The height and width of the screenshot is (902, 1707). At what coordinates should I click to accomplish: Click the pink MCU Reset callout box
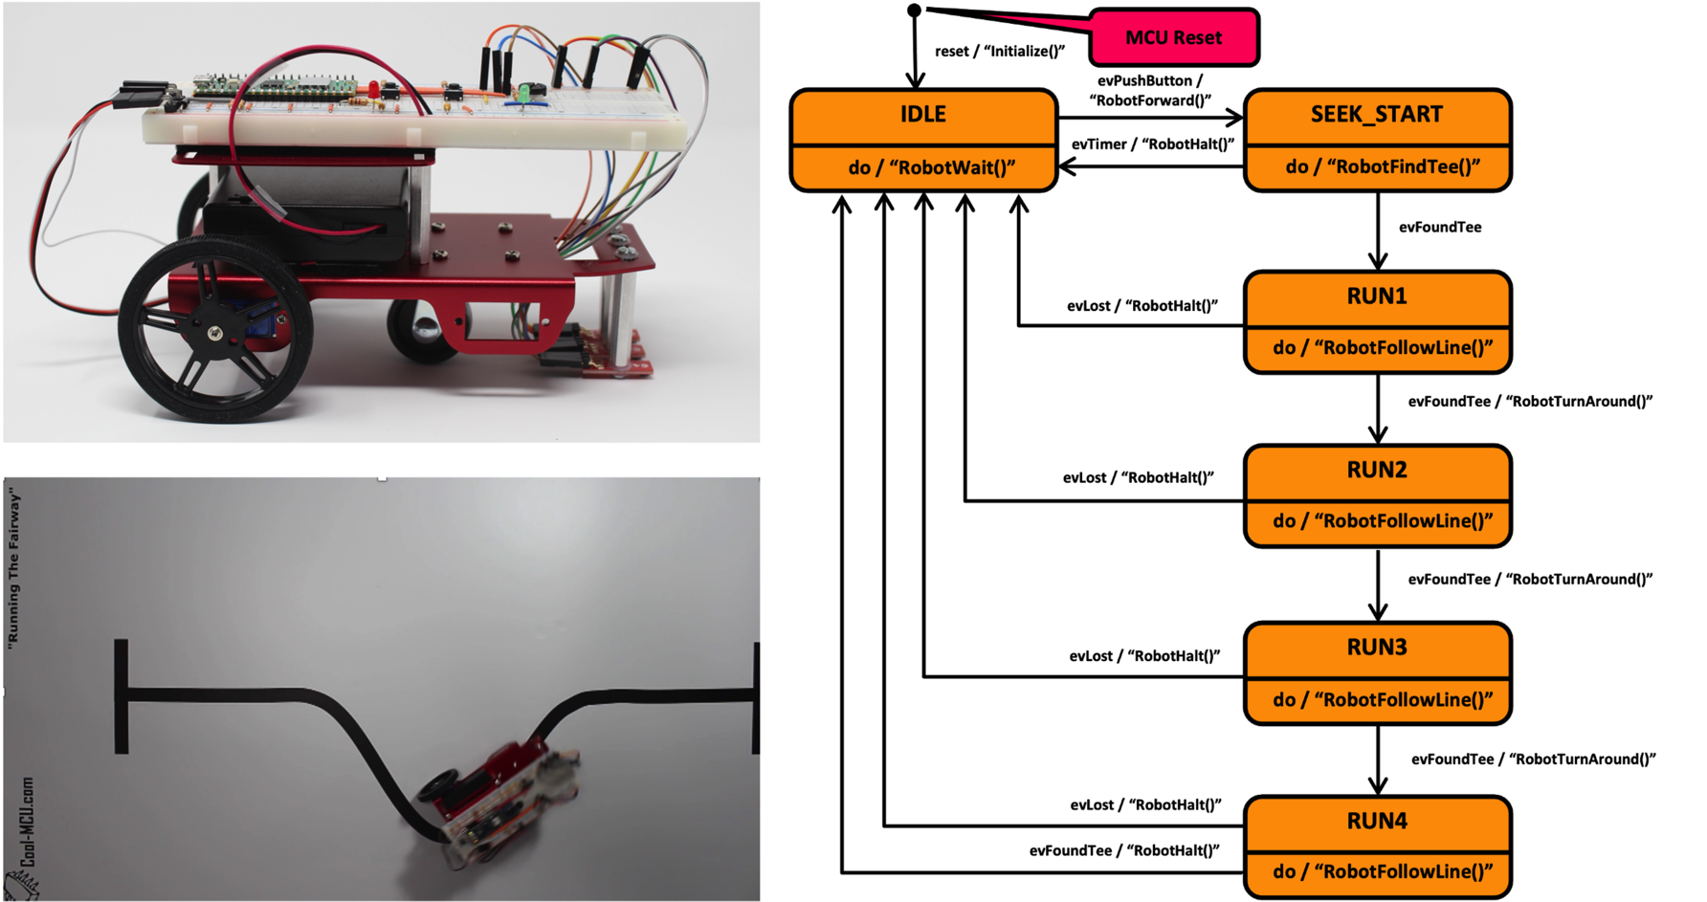[1173, 38]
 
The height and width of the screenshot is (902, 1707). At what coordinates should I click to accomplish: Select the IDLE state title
[922, 115]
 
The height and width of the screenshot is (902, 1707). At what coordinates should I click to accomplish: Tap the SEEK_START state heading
[1376, 115]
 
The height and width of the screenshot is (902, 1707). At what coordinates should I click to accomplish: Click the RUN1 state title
[1376, 297]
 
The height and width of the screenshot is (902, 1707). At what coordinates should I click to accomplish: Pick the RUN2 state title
[1376, 470]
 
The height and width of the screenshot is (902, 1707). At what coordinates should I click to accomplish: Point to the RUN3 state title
[1376, 648]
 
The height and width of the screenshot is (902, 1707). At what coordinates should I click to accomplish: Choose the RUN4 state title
[1376, 821]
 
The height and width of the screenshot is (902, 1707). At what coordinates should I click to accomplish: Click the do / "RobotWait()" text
[930, 168]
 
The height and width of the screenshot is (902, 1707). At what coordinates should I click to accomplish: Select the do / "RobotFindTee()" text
[1382, 167]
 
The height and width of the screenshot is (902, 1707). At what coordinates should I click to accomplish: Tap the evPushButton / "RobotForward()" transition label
[1149, 91]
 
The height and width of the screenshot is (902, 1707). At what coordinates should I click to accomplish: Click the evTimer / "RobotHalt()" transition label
[1152, 144]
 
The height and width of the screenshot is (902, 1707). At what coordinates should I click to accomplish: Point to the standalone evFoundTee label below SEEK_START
[1439, 228]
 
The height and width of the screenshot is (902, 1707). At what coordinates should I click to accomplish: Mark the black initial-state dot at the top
[914, 11]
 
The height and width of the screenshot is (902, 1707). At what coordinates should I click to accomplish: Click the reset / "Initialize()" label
[999, 52]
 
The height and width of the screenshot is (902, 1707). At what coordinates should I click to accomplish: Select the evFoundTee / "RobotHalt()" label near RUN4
[1123, 850]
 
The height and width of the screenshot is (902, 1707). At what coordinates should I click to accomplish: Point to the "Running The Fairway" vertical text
[13, 568]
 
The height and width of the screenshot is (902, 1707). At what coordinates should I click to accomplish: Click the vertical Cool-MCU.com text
[27, 823]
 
